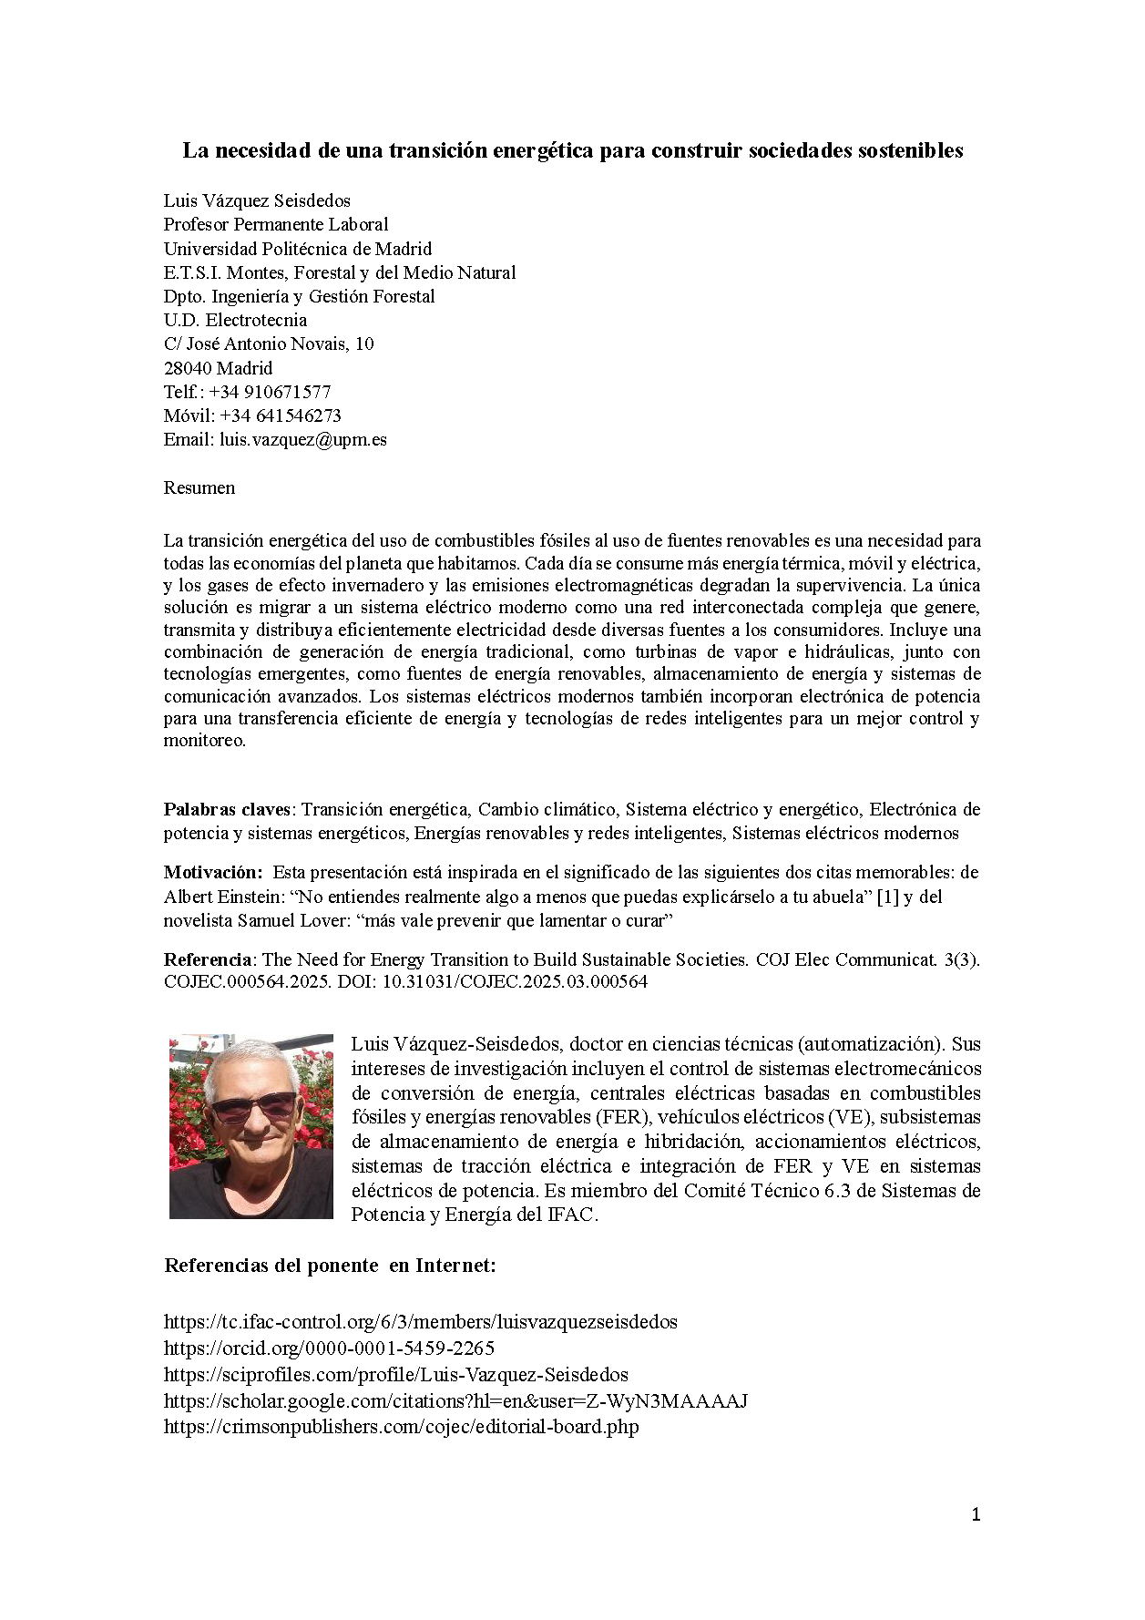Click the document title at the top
coord(572,150)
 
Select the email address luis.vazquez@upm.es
coord(303,439)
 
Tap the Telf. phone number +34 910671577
coord(270,392)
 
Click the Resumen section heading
coord(199,487)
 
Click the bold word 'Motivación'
coord(213,872)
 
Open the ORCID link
coord(329,1348)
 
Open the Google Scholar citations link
coord(455,1400)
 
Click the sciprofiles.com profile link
coord(395,1374)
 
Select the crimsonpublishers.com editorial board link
coord(401,1427)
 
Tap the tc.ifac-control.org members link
coord(420,1321)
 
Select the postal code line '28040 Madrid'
coord(218,368)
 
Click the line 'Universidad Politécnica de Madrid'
coord(297,249)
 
